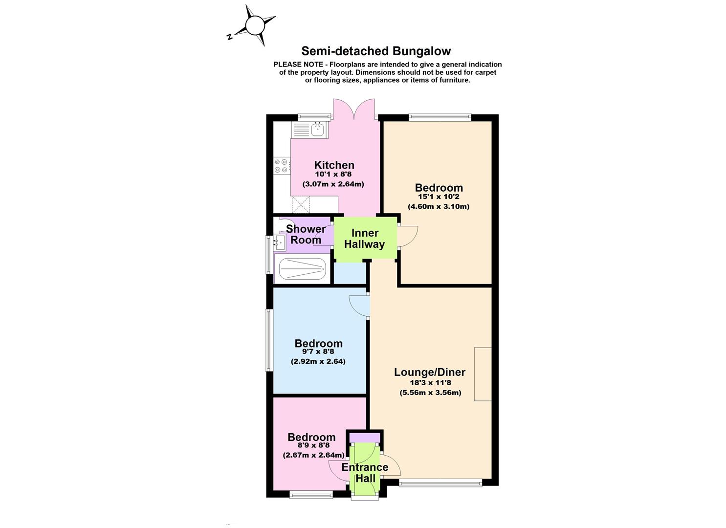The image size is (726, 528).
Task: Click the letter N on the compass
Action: (x=230, y=37)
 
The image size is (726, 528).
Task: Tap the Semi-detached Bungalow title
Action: (x=376, y=51)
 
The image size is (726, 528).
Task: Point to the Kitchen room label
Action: (x=334, y=165)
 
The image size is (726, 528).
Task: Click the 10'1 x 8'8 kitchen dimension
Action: (x=333, y=174)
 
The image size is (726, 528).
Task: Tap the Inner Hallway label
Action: (x=365, y=239)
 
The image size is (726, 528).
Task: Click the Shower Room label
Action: (x=306, y=234)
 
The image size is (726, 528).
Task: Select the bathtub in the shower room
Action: (x=302, y=269)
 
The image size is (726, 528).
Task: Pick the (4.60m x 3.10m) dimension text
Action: (x=439, y=206)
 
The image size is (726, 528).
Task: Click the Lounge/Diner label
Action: (x=429, y=372)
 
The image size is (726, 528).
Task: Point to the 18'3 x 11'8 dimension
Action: (x=430, y=382)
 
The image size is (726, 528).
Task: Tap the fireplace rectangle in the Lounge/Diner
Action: (x=483, y=374)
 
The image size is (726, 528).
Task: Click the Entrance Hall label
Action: (x=365, y=473)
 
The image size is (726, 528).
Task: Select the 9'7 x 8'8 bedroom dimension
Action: (x=318, y=352)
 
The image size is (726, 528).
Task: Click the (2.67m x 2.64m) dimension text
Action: (x=313, y=455)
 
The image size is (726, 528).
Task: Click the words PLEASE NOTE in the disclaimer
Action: (x=298, y=65)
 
